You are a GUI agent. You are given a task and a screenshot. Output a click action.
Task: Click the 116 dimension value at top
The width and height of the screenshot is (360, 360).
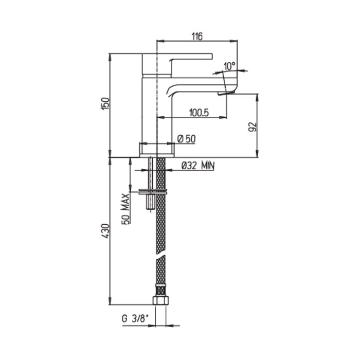tap(197, 36)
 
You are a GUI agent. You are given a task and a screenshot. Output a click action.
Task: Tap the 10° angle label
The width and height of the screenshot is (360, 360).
tap(229, 66)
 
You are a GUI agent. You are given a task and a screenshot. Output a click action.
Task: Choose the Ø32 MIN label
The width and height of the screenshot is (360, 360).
tap(197, 165)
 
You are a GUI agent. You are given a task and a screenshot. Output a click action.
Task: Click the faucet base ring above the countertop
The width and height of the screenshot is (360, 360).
tap(157, 149)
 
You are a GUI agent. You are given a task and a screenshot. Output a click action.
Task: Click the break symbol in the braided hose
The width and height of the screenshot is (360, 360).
tap(161, 255)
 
